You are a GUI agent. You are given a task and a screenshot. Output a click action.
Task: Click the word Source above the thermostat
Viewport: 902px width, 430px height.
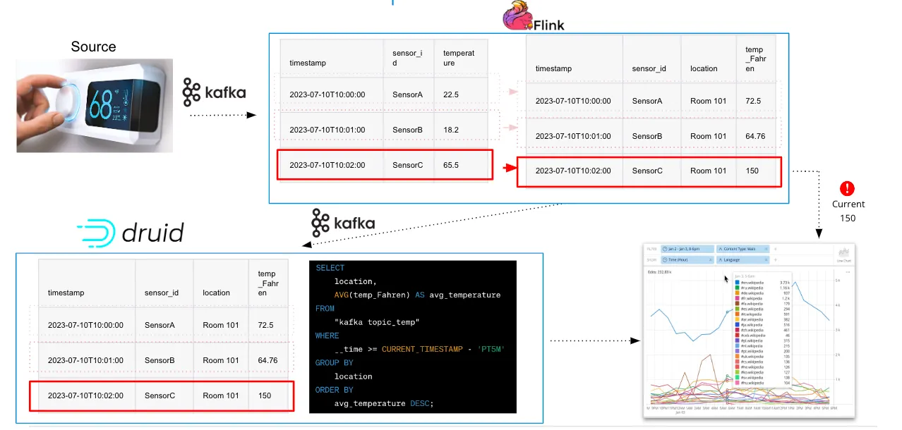(x=93, y=47)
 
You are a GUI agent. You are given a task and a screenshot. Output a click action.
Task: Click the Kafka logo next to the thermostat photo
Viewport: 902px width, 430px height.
(x=214, y=92)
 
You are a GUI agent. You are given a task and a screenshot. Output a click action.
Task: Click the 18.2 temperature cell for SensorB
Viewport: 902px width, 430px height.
(x=451, y=130)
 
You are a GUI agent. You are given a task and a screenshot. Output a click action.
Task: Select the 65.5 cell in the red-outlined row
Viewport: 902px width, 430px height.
(x=451, y=165)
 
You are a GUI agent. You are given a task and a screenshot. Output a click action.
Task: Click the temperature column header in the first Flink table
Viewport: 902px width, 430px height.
(x=459, y=58)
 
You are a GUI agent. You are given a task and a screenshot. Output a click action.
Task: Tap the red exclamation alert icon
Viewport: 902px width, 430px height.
(x=848, y=188)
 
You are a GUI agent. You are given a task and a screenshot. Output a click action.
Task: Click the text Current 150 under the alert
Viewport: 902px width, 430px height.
(x=848, y=211)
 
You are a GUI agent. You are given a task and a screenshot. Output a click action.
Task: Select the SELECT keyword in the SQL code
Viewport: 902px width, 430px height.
(x=330, y=268)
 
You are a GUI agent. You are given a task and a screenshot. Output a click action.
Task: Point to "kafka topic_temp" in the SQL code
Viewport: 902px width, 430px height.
(x=377, y=322)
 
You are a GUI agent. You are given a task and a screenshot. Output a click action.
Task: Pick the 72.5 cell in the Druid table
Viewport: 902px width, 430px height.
(x=266, y=325)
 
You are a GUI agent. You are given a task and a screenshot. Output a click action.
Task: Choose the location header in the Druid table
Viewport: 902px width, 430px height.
(x=216, y=293)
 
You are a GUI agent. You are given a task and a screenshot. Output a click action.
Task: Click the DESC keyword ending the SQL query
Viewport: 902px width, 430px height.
(x=420, y=403)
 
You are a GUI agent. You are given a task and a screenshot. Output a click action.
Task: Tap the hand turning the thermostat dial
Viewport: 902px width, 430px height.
(x=42, y=106)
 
